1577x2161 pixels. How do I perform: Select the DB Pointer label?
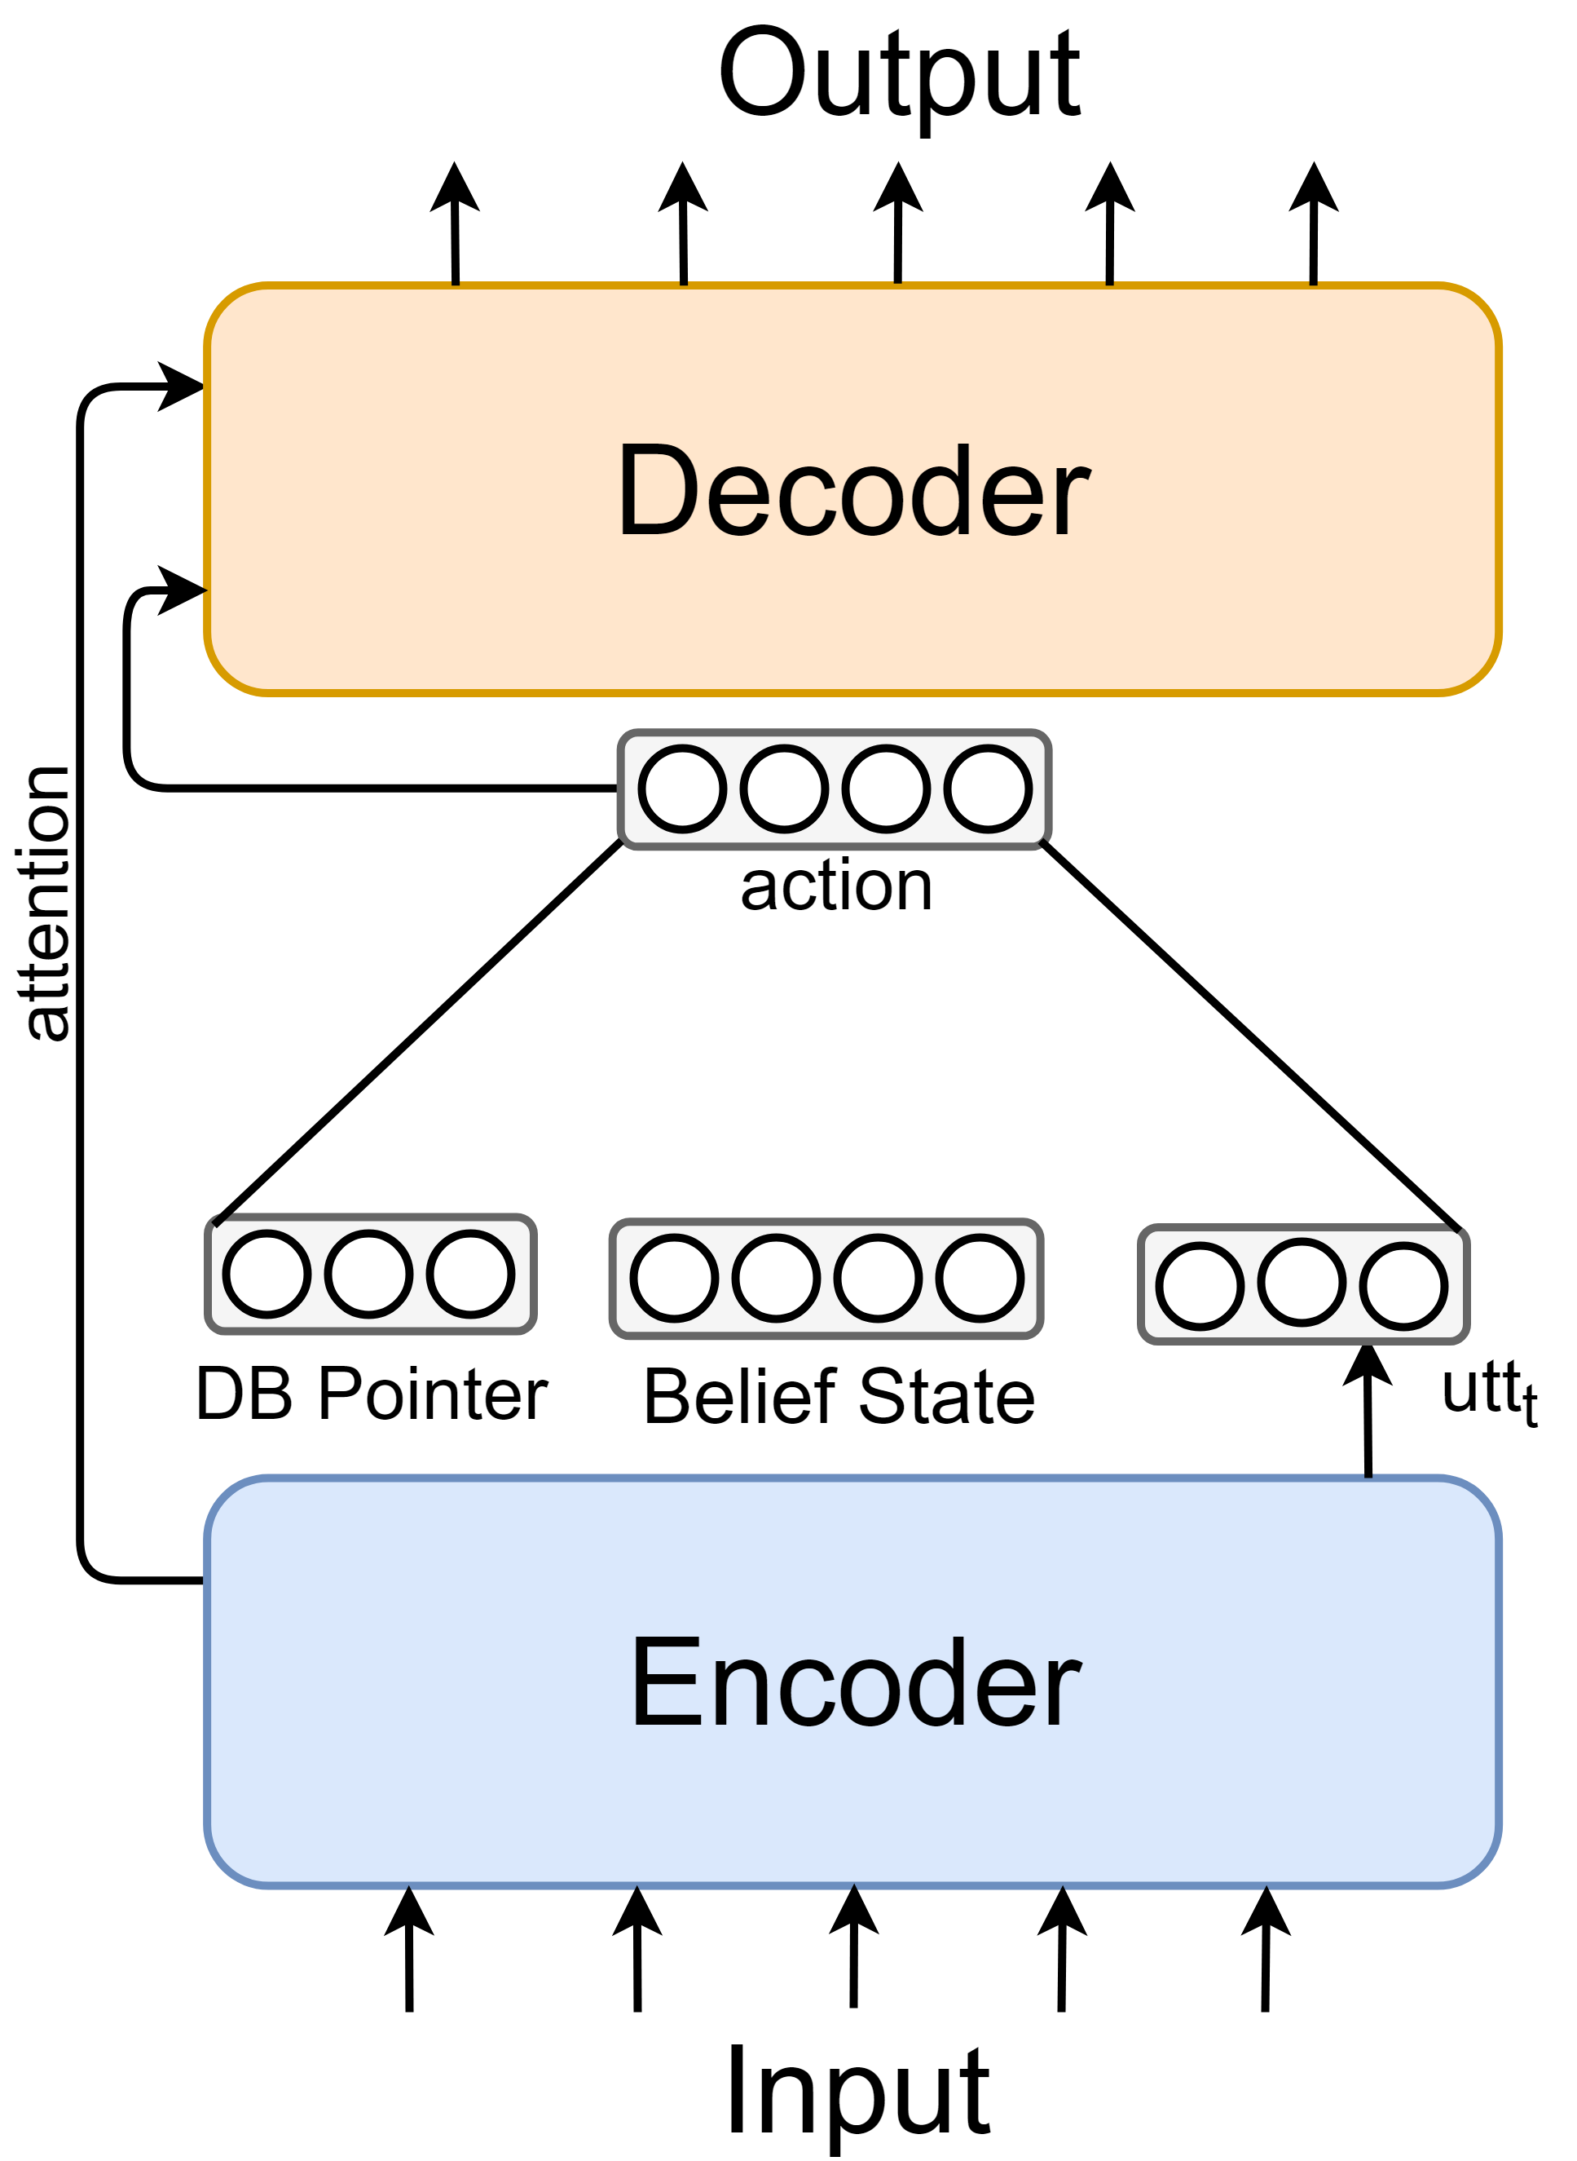tap(372, 1394)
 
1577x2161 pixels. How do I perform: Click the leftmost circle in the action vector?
tap(681, 789)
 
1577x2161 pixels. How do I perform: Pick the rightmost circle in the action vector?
tap(988, 789)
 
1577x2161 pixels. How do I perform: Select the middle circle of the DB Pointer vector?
tap(368, 1274)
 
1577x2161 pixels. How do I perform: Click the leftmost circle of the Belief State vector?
tap(674, 1278)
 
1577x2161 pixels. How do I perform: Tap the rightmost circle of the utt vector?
tap(1403, 1285)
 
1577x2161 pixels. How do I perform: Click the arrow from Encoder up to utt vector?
tap(1368, 1411)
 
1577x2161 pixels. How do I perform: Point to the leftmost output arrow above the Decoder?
tap(456, 223)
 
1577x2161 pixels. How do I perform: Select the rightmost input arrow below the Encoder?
tap(1266, 1949)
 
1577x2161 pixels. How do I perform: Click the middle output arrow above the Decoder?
tap(898, 223)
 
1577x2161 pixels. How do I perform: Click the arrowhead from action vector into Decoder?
tap(182, 591)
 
